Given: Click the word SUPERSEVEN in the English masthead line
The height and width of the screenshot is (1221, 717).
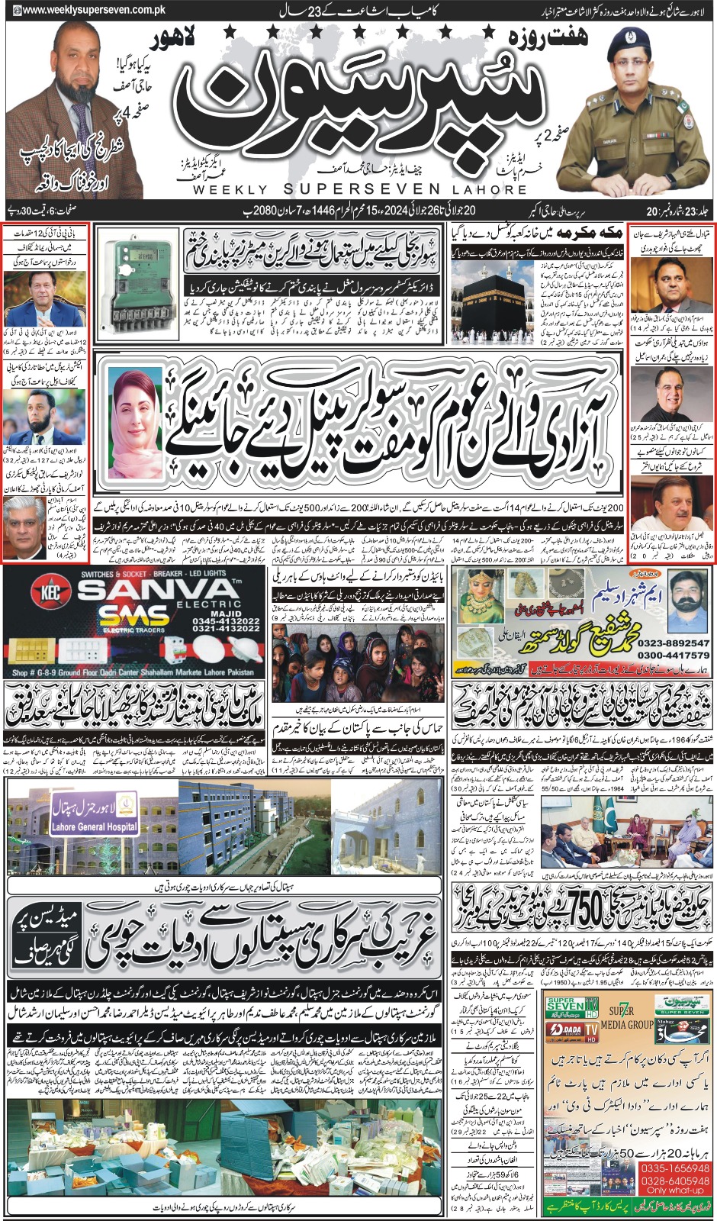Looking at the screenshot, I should [362, 188].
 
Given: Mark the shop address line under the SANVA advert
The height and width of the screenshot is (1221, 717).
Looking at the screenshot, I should [133, 672].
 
